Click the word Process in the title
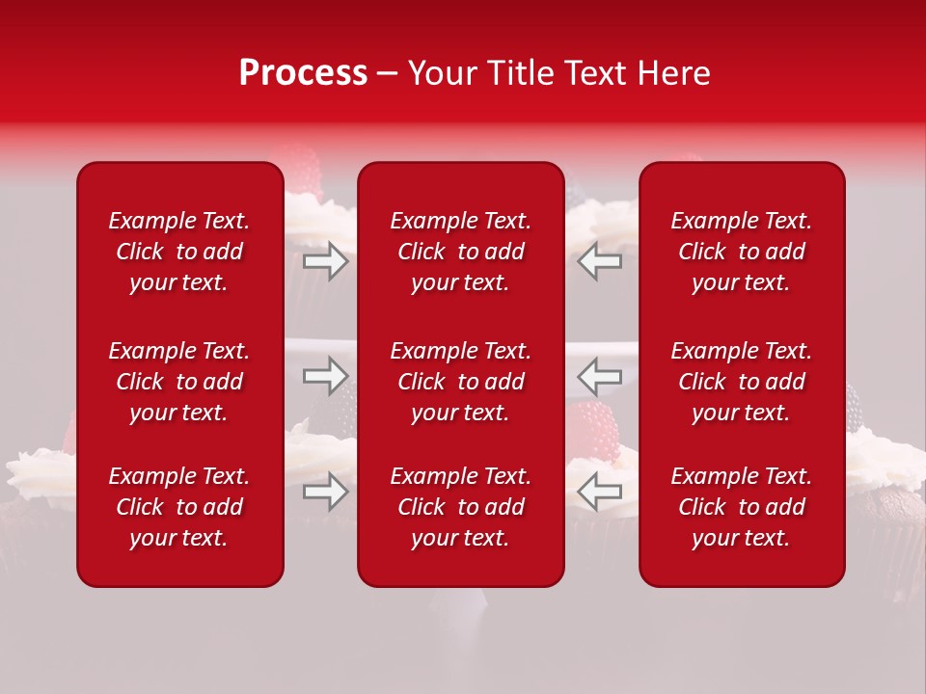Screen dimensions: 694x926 [303, 73]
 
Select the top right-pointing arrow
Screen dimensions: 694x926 [326, 261]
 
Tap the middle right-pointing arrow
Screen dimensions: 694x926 [326, 376]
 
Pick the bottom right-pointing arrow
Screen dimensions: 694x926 [326, 492]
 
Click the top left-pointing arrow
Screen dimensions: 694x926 [600, 261]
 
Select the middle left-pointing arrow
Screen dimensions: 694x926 [600, 376]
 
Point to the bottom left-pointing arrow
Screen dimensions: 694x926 [600, 492]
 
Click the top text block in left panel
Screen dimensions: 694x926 [179, 252]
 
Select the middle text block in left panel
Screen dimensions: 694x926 [179, 382]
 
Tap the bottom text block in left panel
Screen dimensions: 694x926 [179, 507]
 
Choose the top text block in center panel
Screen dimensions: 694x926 [460, 252]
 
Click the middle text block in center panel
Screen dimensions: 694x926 [460, 382]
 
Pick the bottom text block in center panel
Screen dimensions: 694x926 [460, 507]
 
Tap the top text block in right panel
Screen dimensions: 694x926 [741, 252]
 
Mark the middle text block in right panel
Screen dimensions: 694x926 [741, 382]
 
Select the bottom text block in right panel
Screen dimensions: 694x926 [741, 507]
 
